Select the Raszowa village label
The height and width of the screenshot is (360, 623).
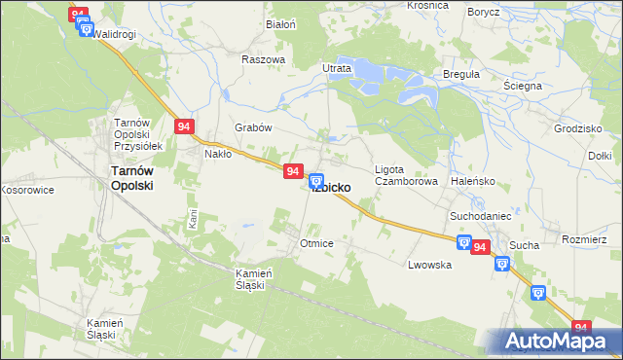click(x=263, y=59)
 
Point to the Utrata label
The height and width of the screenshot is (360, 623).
click(x=336, y=69)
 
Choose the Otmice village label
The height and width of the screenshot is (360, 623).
click(x=317, y=243)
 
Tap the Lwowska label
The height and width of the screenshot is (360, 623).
click(x=429, y=265)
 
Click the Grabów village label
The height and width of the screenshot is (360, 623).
click(x=252, y=127)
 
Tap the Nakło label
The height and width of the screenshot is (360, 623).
click(x=217, y=154)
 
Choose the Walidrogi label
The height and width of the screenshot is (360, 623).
click(x=114, y=34)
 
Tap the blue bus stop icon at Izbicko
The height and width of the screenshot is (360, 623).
click(x=316, y=180)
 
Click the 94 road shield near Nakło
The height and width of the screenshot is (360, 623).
click(x=186, y=126)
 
